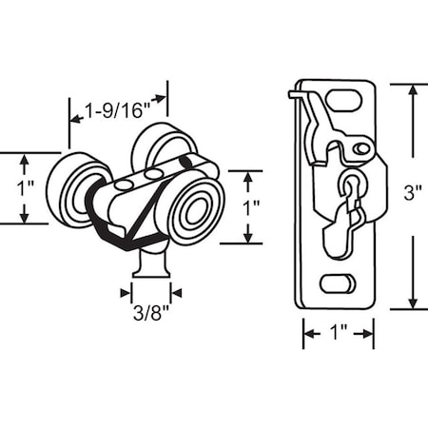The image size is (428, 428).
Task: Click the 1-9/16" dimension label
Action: [x=119, y=111]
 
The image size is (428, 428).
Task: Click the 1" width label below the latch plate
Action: [x=338, y=334]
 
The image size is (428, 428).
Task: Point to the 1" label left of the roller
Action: [x=26, y=187]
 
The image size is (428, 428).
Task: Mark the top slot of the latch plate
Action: [x=346, y=100]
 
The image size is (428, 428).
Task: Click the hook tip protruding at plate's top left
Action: [x=293, y=92]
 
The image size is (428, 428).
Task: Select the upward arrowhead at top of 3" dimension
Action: [x=412, y=88]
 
